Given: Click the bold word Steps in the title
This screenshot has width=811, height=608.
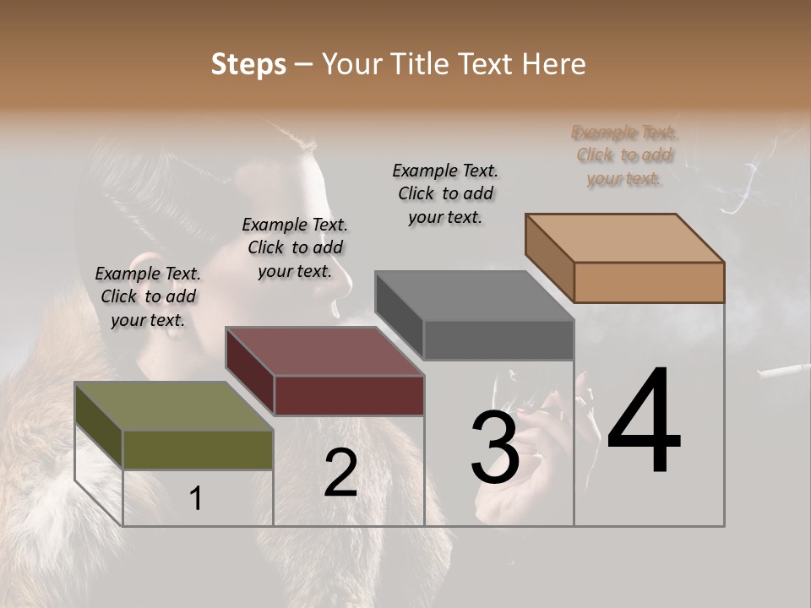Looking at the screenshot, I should (248, 64).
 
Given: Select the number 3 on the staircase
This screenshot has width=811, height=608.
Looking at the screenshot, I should (494, 448).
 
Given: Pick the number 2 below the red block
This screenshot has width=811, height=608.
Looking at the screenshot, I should (340, 473).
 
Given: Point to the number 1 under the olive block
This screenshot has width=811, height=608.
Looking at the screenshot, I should (195, 499).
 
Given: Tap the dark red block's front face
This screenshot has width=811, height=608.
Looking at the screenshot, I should (349, 395).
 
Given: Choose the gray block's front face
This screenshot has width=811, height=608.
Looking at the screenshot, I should (498, 339).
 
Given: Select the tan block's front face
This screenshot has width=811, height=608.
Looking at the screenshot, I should (649, 282).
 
